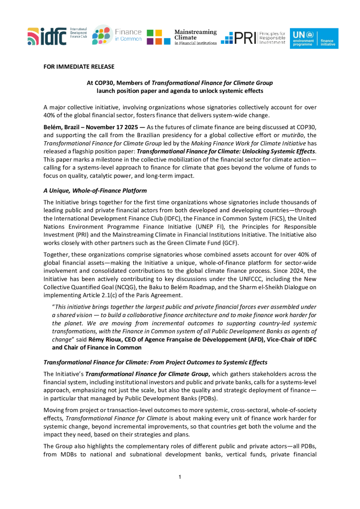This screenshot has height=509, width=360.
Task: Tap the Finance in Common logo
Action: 117,35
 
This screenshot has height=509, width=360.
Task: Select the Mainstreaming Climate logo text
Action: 195,37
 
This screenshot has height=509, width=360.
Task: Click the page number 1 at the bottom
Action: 180,477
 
